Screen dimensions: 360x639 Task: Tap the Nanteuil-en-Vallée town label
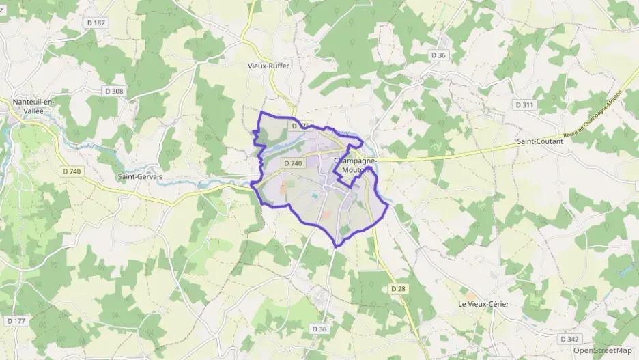[x=31, y=106]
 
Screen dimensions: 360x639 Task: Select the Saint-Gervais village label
[x=140, y=176]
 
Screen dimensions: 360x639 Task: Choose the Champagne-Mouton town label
[x=353, y=165]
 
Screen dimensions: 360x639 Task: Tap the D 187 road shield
[x=98, y=23]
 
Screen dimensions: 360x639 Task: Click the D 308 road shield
[x=114, y=91]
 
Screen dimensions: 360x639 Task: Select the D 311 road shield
[x=524, y=105]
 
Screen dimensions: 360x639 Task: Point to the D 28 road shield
[x=398, y=289]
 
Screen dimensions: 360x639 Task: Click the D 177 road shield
[x=16, y=320]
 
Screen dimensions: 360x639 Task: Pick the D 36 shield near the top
[x=438, y=55]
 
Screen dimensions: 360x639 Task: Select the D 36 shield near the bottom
[x=320, y=329]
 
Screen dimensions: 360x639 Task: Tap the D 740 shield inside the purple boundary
[x=292, y=163]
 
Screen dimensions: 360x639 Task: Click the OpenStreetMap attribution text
[x=601, y=350]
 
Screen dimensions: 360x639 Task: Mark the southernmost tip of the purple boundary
[x=336, y=246]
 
